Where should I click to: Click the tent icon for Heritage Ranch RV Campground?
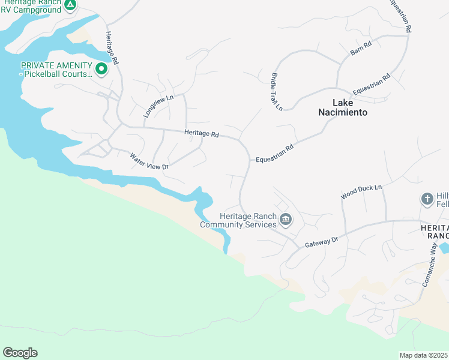(x=70, y=5)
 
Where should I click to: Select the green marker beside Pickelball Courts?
(x=101, y=70)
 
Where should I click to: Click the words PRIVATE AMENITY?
(x=56, y=65)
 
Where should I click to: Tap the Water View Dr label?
(x=149, y=160)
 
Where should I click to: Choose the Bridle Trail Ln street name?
(x=276, y=92)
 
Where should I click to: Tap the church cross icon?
(x=427, y=199)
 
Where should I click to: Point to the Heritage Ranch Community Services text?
(x=240, y=220)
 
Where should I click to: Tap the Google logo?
(x=20, y=353)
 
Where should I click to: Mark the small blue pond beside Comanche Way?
(x=444, y=248)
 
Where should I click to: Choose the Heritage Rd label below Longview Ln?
(x=201, y=134)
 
